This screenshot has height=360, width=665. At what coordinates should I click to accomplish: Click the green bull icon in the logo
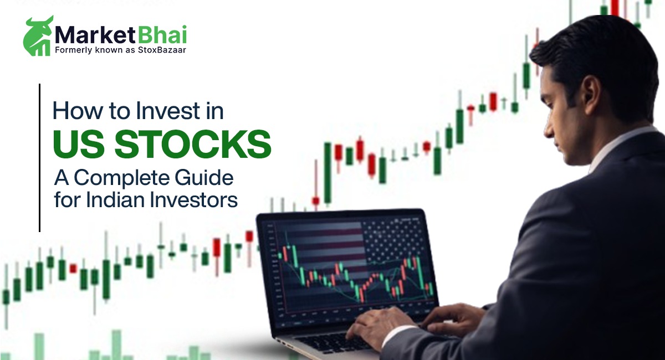pyautogui.click(x=38, y=36)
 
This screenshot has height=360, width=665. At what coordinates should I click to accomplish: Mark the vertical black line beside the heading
pyautogui.click(x=40, y=158)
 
